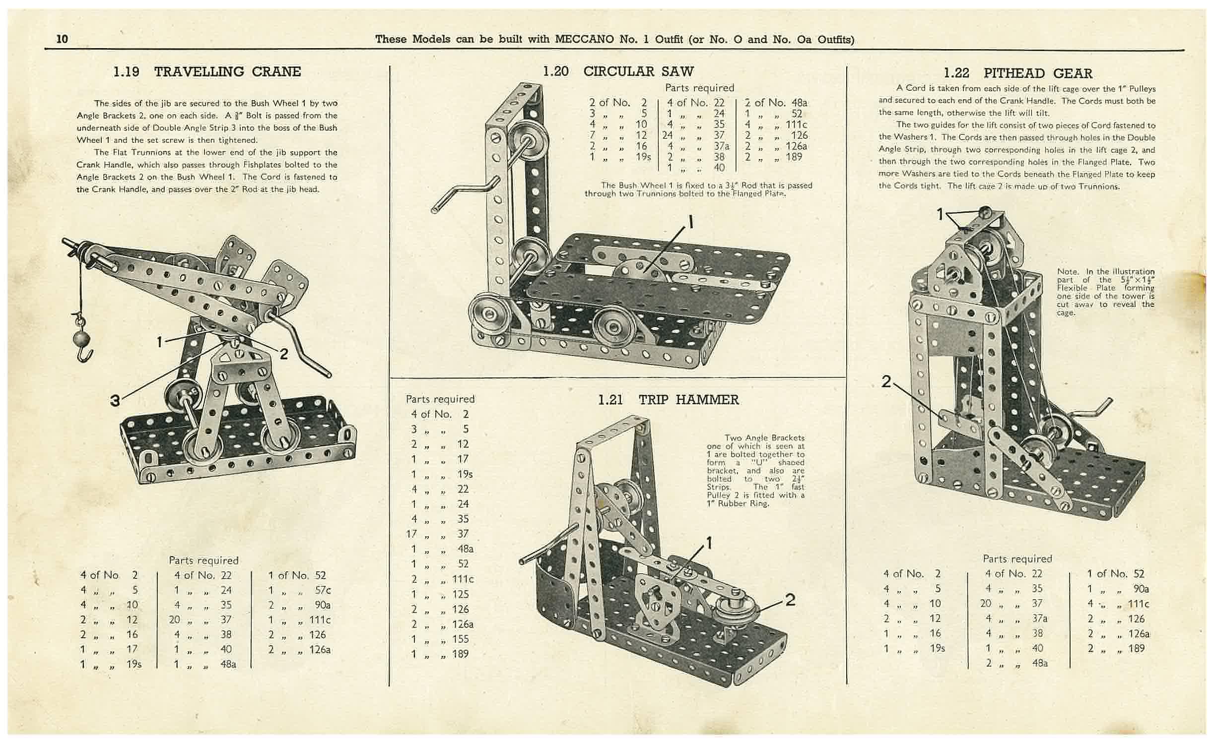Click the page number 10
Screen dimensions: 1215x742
[62, 39]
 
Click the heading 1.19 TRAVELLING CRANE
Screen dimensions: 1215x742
[207, 71]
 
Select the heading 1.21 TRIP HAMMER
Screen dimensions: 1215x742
[669, 400]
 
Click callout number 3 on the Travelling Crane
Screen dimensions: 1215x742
[115, 400]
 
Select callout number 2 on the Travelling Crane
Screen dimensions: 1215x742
[284, 354]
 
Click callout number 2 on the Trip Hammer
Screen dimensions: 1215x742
[790, 600]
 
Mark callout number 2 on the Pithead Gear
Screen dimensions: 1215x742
[886, 381]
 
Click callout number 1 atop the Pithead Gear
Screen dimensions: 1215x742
[940, 214]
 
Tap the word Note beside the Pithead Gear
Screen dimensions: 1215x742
[1067, 271]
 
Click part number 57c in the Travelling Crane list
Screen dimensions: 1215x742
[323, 590]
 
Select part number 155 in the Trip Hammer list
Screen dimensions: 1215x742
[461, 639]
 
